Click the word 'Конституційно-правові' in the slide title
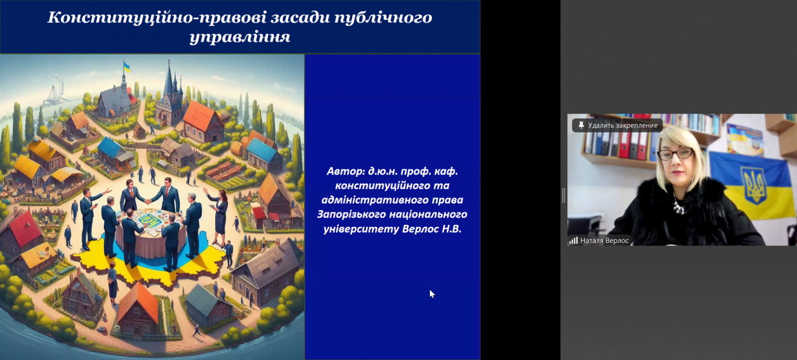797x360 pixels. [x=157, y=17]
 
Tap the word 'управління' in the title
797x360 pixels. [x=240, y=37]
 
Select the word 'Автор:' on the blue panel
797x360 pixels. [x=346, y=171]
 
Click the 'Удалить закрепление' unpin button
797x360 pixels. [x=617, y=125]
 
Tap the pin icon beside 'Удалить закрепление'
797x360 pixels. [x=581, y=125]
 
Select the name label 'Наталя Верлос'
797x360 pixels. [x=605, y=241]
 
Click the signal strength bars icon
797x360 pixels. [x=573, y=240]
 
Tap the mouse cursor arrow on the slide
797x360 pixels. [x=432, y=294]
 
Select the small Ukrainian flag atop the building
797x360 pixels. [x=127, y=67]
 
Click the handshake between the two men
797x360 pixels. [x=148, y=201]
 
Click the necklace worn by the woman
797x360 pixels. [x=678, y=205]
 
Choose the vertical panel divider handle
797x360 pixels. [x=563, y=196]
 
